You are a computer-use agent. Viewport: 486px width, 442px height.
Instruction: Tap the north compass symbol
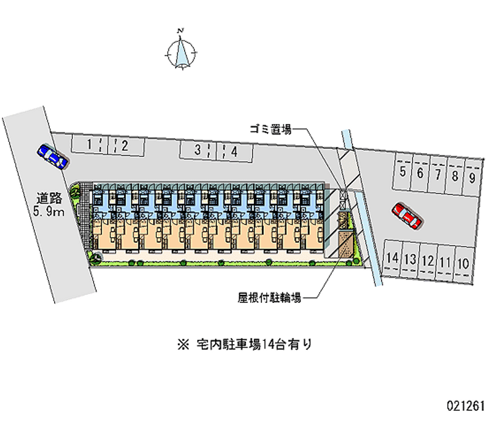(181, 50)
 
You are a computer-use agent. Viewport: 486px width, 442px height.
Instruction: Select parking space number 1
(90, 145)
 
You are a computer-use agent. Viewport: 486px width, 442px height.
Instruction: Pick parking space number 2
(123, 145)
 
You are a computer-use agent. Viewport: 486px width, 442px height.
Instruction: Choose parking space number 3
(197, 150)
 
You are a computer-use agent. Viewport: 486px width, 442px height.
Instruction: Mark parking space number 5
(403, 172)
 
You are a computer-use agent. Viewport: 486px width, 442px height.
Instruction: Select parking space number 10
(463, 263)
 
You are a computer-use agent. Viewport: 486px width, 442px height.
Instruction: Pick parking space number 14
(392, 258)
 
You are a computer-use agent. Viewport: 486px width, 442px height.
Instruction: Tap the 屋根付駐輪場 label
(269, 298)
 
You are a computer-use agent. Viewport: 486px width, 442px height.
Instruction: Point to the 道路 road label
(49, 198)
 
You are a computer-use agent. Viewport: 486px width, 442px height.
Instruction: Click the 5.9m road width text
(49, 212)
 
